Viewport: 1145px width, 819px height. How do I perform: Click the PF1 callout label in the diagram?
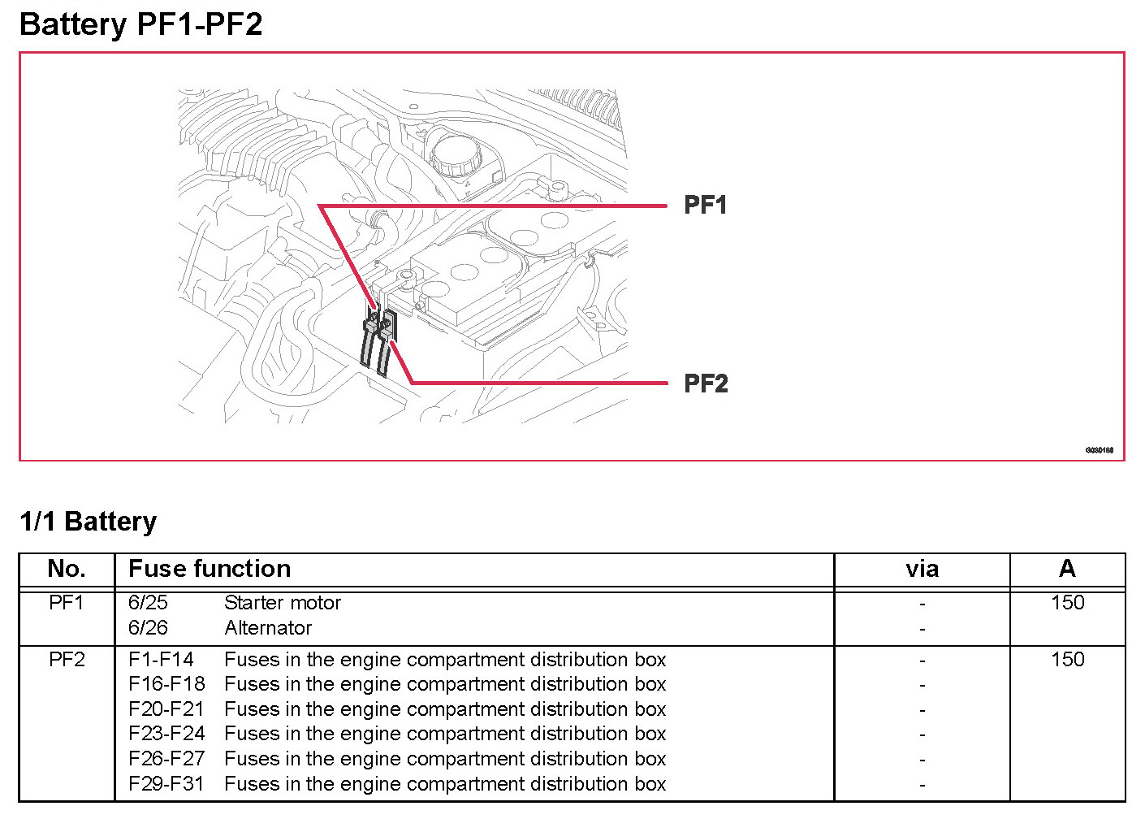[x=705, y=205]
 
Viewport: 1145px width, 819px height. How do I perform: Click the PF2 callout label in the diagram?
[x=705, y=383]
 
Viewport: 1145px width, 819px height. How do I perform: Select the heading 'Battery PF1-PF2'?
[x=140, y=24]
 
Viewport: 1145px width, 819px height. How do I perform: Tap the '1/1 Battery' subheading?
[x=88, y=521]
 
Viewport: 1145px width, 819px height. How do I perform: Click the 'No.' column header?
[x=67, y=569]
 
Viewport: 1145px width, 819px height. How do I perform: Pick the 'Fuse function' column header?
[x=210, y=569]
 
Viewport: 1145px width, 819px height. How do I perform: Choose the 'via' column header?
[x=922, y=569]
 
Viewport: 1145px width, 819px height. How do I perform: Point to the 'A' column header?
[x=1067, y=569]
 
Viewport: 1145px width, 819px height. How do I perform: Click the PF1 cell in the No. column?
[x=67, y=603]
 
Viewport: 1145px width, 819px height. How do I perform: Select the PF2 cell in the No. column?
[x=67, y=659]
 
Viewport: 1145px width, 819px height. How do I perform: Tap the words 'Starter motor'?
[x=283, y=603]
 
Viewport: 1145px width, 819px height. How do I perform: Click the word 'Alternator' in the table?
[x=268, y=628]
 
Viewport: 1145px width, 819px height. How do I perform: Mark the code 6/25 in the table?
[x=148, y=603]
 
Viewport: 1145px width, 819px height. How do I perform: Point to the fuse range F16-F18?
[x=166, y=684]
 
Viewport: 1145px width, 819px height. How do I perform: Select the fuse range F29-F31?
[x=166, y=784]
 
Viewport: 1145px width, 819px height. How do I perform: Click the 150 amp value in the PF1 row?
[x=1067, y=603]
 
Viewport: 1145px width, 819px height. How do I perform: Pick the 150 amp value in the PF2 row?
[x=1067, y=659]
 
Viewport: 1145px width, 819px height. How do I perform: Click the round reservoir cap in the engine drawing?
[x=455, y=154]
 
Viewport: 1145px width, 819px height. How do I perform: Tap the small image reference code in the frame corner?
[x=1099, y=450]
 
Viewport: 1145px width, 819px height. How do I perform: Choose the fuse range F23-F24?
[x=166, y=734]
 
